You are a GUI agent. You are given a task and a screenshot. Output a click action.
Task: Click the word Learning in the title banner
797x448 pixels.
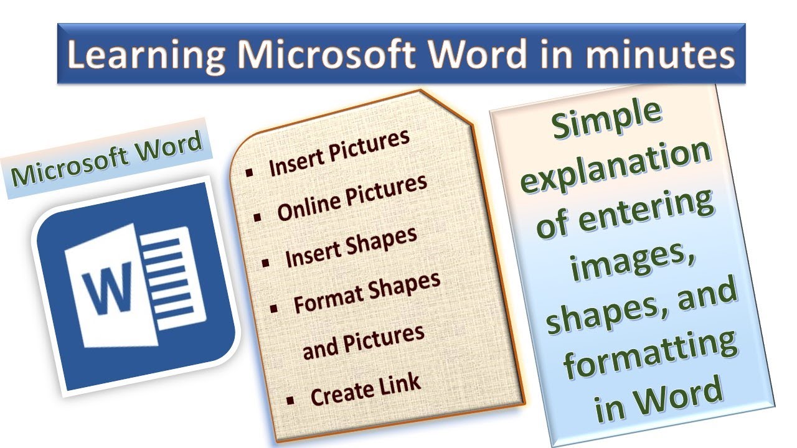[x=146, y=54]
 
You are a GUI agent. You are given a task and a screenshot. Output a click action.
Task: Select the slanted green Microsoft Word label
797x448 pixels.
[x=106, y=159]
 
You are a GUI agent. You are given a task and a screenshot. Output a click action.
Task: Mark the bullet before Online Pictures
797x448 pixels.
[x=258, y=218]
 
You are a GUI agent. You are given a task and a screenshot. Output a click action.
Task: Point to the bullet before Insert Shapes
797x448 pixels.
[x=266, y=263]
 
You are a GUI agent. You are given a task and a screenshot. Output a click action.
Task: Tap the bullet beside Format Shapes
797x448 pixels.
[x=274, y=309]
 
